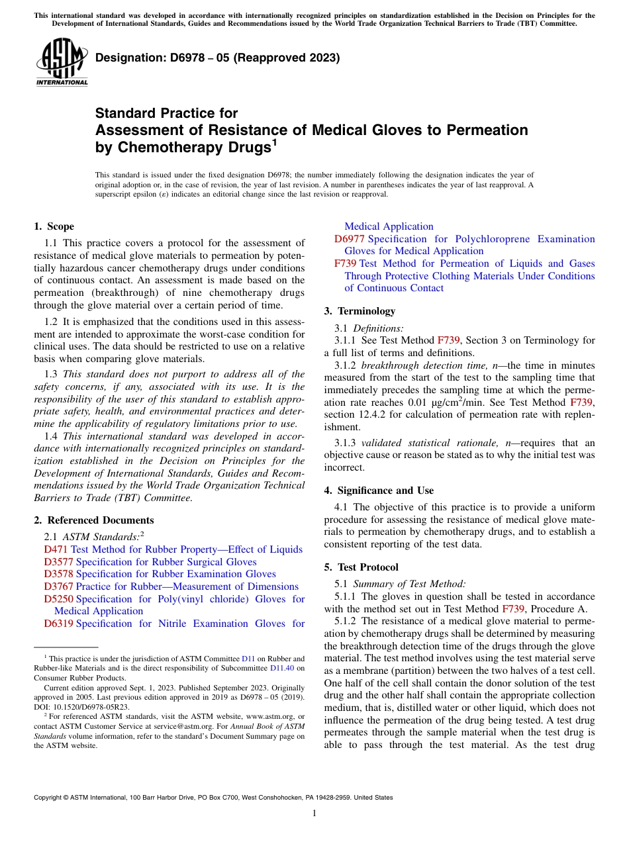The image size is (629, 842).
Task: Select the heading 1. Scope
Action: coord(54,226)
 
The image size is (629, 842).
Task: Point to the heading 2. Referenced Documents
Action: coord(94,520)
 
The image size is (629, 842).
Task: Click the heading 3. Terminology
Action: coord(360,311)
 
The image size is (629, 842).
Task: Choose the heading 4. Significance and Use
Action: coord(379,491)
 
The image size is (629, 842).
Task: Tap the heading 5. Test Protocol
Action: coord(361,567)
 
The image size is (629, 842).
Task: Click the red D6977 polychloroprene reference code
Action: coord(349,239)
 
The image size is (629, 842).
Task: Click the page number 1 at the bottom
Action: coord(314,814)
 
